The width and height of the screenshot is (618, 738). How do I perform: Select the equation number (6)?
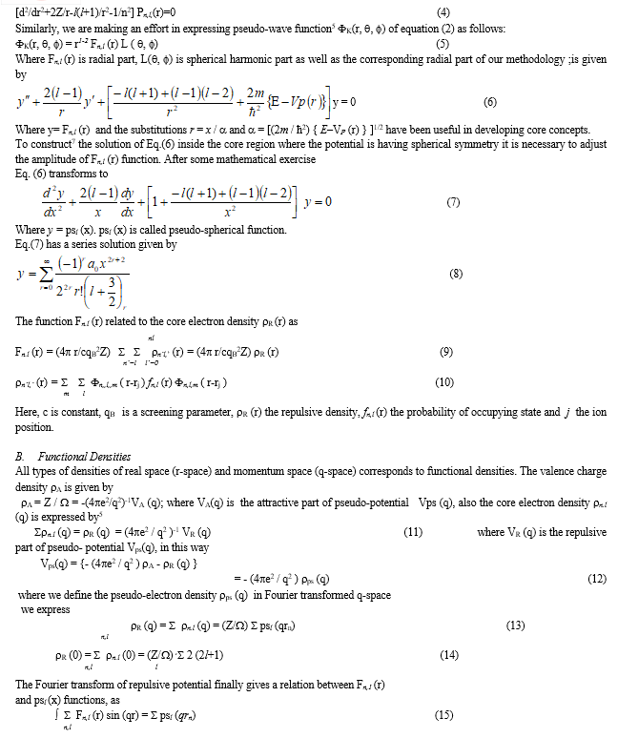(490, 101)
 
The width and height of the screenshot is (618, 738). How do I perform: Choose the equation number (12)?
(597, 579)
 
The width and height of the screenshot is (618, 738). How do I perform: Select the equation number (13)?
(515, 625)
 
